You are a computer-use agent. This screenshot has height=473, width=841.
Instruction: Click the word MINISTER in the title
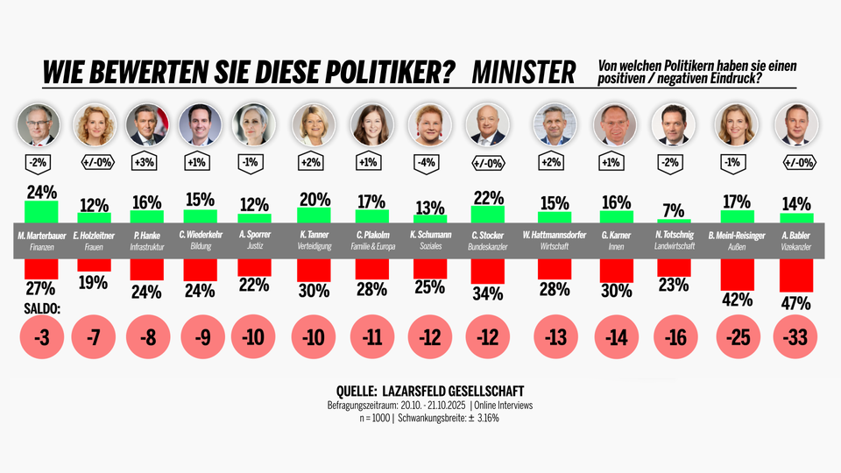click(523, 72)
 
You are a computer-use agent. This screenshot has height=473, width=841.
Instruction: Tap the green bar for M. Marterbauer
click(41, 212)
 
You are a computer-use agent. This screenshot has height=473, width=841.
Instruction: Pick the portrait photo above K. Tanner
click(314, 124)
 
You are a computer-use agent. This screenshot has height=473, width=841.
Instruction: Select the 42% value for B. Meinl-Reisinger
click(737, 300)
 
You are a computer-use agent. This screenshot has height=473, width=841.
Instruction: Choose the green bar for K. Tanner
click(314, 215)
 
